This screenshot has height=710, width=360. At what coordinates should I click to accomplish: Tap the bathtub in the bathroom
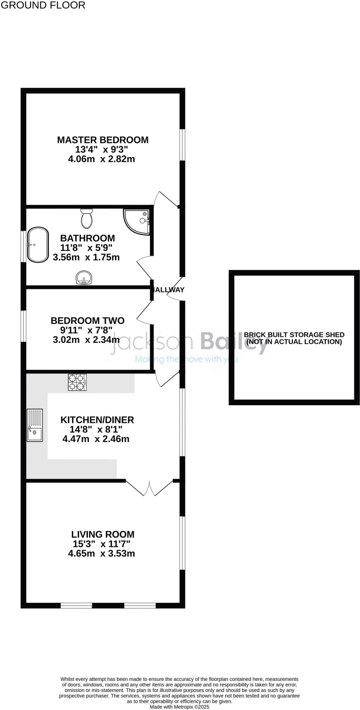coord(38,245)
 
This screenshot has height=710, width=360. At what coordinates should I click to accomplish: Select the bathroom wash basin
coord(84,278)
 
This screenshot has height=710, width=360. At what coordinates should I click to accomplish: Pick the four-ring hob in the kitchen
coord(77,383)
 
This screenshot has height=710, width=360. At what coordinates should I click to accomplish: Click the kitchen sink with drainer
coord(35,425)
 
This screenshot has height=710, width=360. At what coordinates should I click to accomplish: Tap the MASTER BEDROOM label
coord(103,140)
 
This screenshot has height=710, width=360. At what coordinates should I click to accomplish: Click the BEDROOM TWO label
coord(87,321)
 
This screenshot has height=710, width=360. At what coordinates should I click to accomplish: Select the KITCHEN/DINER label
coord(97,420)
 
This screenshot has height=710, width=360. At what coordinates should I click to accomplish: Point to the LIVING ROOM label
coord(103,535)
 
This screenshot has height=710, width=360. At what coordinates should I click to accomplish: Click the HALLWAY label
coord(169,290)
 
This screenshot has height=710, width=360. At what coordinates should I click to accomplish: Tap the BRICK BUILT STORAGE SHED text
coord(294,335)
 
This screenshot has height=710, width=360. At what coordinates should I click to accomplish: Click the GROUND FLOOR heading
coord(43,5)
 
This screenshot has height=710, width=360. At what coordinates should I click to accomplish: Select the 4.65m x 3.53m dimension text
coord(101,554)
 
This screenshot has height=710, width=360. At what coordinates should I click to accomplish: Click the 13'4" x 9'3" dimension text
coord(102,150)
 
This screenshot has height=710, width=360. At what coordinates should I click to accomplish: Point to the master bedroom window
coord(182,145)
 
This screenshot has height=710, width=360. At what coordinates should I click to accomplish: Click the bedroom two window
coord(23,326)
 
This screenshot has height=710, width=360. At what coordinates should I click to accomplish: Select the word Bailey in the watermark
coord(235,341)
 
